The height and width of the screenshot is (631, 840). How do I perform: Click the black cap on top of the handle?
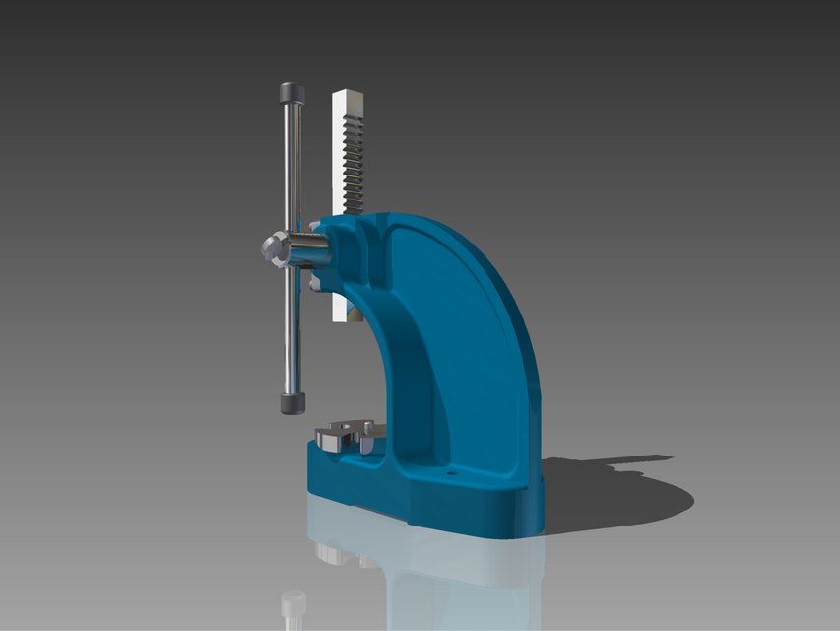[x=291, y=93]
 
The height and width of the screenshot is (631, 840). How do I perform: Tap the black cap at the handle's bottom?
[x=291, y=403]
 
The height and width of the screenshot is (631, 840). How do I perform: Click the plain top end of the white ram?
[x=349, y=98]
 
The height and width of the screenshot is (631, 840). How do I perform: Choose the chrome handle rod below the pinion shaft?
[x=291, y=325]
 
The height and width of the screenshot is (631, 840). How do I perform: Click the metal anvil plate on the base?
[x=340, y=435]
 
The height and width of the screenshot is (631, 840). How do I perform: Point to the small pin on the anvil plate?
[x=367, y=426]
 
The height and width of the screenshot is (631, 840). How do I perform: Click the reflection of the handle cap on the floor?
[x=292, y=602]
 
